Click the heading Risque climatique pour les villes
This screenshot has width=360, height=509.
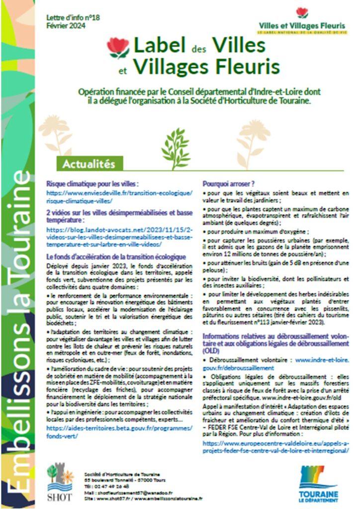pos(93,183)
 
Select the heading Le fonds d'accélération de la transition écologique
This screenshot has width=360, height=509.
pos(116,256)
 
